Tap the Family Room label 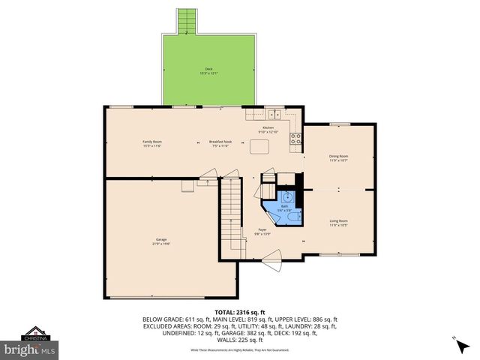(x=152, y=143)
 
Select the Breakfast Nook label (x=218, y=143)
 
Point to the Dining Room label (x=339, y=157)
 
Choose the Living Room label (x=339, y=222)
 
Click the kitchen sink (x=274, y=115)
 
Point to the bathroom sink (x=285, y=197)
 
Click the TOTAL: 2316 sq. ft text (x=239, y=311)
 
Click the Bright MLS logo (x=29, y=349)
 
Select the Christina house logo (x=33, y=333)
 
